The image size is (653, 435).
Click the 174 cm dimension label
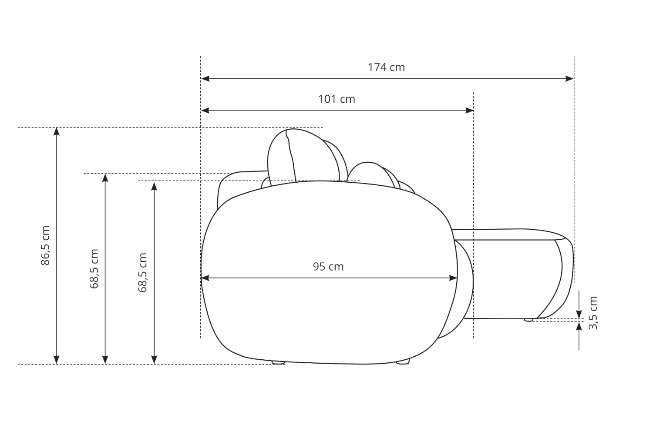point(386,67)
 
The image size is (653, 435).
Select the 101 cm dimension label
point(337,99)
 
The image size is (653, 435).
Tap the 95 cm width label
point(328,267)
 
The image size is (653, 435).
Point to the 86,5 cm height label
point(45,246)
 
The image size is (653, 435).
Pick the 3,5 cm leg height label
point(593,313)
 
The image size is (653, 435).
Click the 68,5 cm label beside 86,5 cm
point(94,269)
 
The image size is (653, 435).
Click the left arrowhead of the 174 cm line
point(205,79)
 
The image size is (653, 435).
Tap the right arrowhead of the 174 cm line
point(569,79)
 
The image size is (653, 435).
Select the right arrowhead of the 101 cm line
point(469,110)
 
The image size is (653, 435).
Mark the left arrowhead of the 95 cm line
point(205,278)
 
